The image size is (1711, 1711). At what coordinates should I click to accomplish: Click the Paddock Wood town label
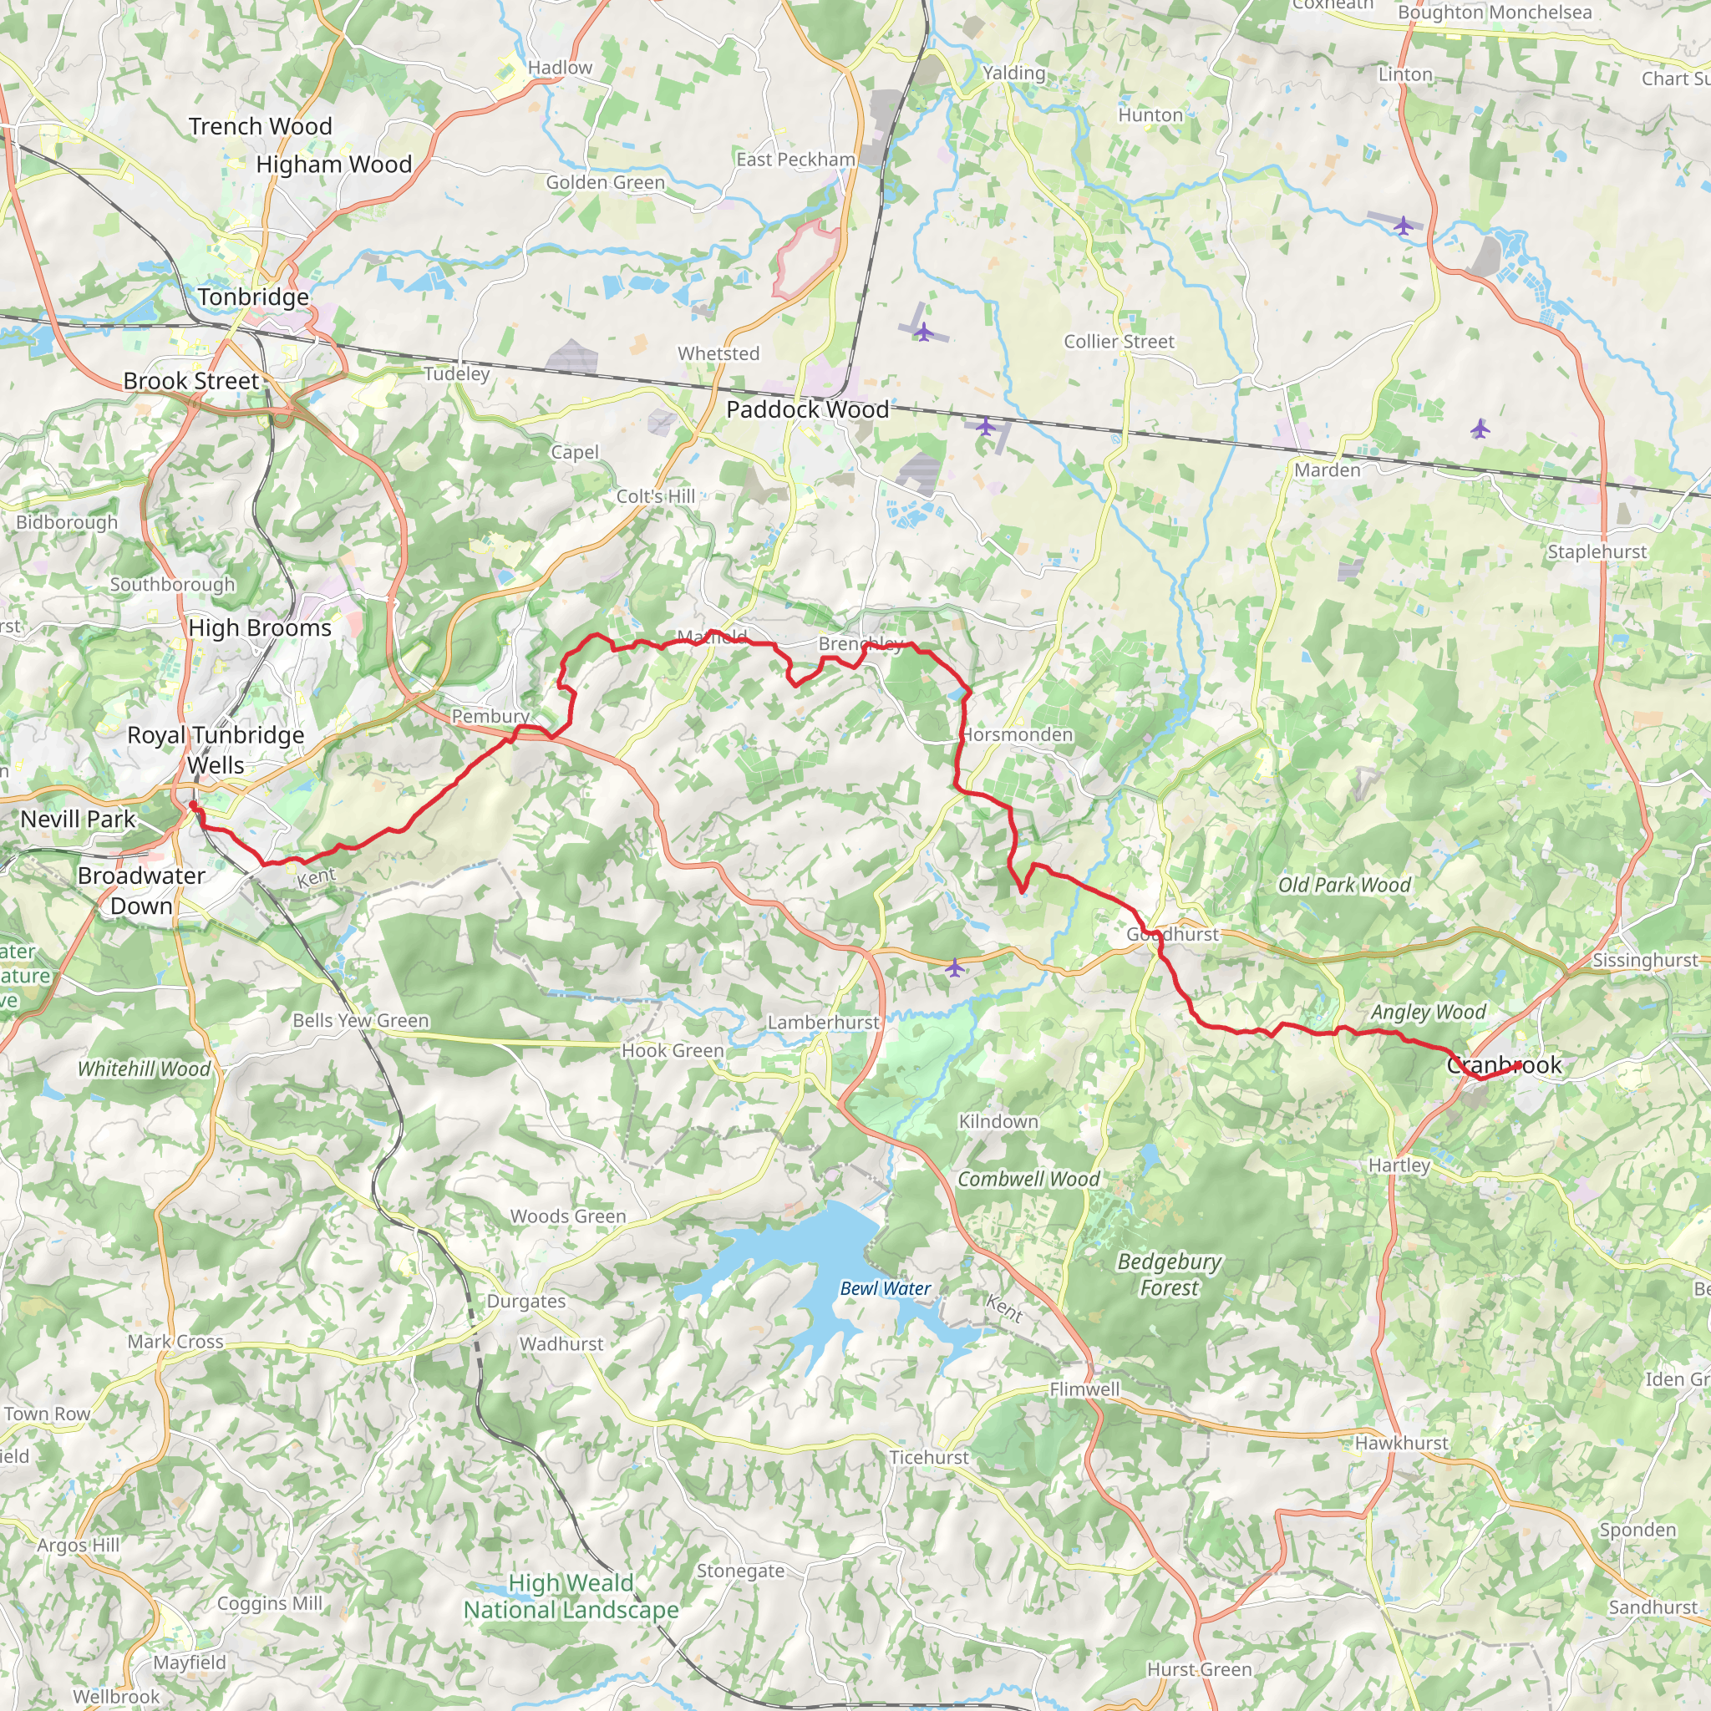click(807, 410)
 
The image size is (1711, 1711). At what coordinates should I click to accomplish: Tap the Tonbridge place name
click(253, 297)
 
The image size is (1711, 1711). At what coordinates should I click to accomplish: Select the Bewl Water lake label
click(885, 1288)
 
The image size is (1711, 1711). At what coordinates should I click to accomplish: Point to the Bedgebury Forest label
click(1169, 1274)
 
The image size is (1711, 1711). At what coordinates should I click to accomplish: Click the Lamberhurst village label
click(823, 1022)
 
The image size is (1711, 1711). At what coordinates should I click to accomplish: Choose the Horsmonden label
click(1018, 735)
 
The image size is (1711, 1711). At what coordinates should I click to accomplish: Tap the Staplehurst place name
click(1597, 551)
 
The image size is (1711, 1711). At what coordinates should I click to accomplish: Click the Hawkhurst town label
click(1401, 1443)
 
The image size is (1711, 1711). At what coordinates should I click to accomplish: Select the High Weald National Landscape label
click(571, 1596)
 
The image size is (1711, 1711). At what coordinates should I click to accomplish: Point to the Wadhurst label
click(561, 1343)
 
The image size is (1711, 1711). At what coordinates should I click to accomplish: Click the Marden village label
click(1327, 470)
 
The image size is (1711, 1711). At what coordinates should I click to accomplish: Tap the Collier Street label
click(1119, 342)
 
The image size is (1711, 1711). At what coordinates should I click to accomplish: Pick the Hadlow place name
click(560, 69)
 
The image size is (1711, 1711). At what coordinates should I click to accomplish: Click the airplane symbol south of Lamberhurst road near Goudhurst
click(954, 968)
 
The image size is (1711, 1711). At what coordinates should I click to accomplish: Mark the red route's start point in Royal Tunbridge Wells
click(192, 805)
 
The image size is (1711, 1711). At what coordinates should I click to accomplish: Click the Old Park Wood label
click(1343, 885)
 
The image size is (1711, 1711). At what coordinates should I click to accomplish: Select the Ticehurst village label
click(928, 1457)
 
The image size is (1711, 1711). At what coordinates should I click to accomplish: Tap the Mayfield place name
click(190, 1663)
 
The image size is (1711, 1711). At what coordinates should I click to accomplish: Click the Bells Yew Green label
click(360, 1020)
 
